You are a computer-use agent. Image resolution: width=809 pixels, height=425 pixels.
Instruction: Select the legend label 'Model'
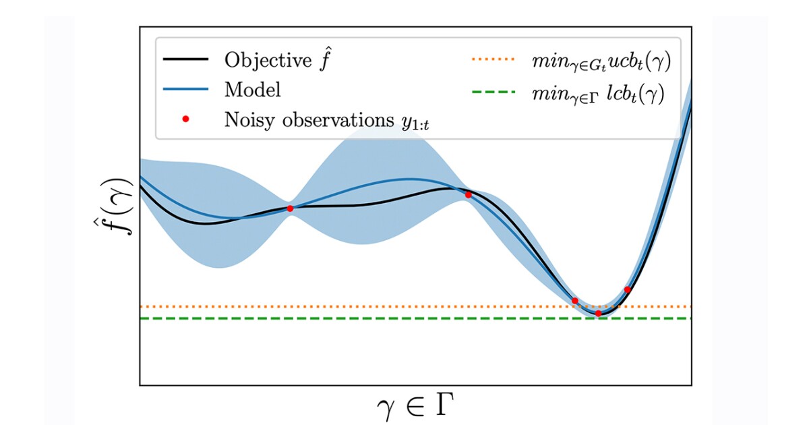[x=253, y=90]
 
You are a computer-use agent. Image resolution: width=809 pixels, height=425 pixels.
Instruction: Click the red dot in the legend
[x=186, y=119]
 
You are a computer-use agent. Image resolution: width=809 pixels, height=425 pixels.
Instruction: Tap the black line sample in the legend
[x=185, y=59]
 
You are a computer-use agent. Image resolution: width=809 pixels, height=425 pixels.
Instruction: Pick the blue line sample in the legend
[x=185, y=90]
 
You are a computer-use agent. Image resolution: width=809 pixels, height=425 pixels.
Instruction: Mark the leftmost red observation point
[x=290, y=208]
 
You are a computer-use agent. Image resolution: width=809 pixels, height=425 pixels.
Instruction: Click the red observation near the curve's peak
[x=469, y=195]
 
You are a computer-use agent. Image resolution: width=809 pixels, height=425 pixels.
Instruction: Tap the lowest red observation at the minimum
[x=598, y=313]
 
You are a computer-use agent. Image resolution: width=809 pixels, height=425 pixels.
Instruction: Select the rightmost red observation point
[x=627, y=289]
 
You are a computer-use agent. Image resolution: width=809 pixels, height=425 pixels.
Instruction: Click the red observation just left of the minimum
[x=575, y=301]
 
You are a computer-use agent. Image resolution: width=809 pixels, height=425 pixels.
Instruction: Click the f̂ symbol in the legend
[x=326, y=59]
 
